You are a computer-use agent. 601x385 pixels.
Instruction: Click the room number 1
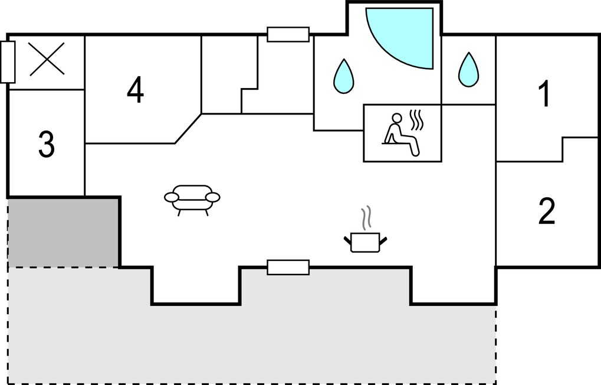coord(544,94)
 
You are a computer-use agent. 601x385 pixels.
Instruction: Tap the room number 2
coord(547,211)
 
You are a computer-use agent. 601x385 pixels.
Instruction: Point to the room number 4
coord(135,90)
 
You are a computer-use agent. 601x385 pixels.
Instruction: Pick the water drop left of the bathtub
coord(343,76)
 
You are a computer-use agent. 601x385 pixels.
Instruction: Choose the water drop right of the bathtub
coord(468,70)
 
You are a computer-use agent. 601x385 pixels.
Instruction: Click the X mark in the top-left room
coord(47,58)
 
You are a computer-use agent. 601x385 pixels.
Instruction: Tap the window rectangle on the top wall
coord(288,34)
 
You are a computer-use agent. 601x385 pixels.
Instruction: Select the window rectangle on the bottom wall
coord(288,267)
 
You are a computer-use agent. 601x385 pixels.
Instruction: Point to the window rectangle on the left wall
coord(8,62)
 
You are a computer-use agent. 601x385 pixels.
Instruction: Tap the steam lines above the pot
coord(367,218)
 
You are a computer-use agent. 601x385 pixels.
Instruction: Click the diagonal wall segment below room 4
coord(188,129)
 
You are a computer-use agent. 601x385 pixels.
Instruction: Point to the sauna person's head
coord(397,118)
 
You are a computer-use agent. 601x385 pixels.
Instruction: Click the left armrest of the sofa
coord(171,197)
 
